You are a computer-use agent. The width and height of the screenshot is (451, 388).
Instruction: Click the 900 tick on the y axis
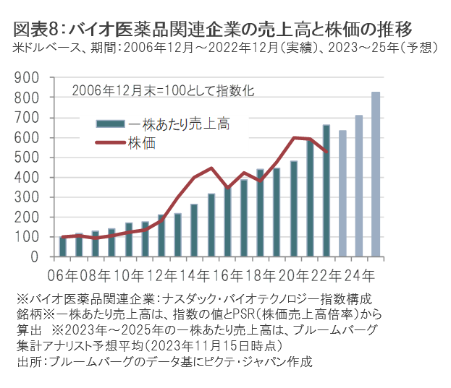(28, 77)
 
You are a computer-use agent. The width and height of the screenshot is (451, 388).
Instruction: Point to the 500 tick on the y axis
(28, 158)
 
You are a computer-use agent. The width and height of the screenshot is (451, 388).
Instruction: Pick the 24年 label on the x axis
(359, 275)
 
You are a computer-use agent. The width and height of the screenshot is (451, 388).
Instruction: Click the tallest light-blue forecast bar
(376, 174)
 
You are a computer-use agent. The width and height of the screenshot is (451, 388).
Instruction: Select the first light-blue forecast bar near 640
(342, 193)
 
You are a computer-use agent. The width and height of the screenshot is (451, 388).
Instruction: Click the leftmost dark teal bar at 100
(62, 246)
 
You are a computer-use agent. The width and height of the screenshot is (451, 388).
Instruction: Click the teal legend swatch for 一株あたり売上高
(111, 124)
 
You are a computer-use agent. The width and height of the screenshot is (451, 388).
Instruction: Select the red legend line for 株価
(111, 142)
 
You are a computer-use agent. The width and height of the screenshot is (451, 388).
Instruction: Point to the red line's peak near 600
(295, 137)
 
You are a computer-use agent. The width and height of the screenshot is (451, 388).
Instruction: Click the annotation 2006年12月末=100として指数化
(162, 91)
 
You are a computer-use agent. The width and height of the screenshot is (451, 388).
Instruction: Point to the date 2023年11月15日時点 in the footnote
(221, 345)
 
